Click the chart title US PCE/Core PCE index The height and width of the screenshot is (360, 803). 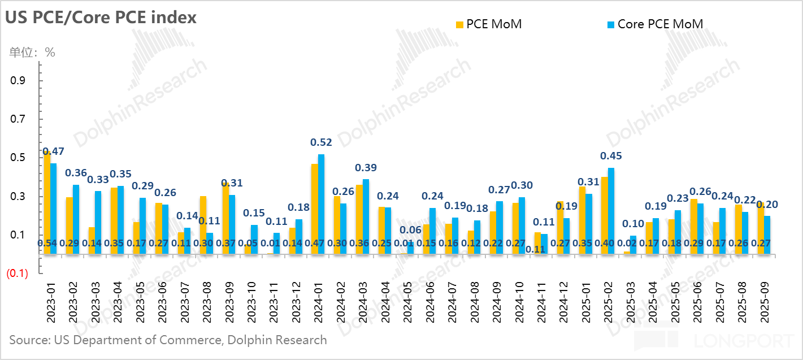[x=101, y=18]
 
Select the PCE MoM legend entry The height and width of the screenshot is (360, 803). [x=489, y=24]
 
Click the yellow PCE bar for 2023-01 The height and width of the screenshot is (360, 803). [x=47, y=203]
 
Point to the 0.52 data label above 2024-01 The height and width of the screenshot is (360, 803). [x=322, y=143]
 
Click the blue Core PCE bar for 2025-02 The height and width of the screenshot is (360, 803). [x=611, y=211]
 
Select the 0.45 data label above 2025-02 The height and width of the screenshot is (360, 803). [x=611, y=156]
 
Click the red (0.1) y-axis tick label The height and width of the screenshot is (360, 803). [x=17, y=274]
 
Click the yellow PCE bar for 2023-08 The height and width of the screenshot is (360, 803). [x=203, y=225]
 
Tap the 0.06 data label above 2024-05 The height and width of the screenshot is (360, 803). [x=410, y=231]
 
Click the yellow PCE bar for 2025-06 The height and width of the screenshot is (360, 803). [x=693, y=227]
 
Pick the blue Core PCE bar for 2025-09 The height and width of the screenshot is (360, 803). [x=767, y=235]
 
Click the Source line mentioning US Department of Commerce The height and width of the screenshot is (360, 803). [x=168, y=340]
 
